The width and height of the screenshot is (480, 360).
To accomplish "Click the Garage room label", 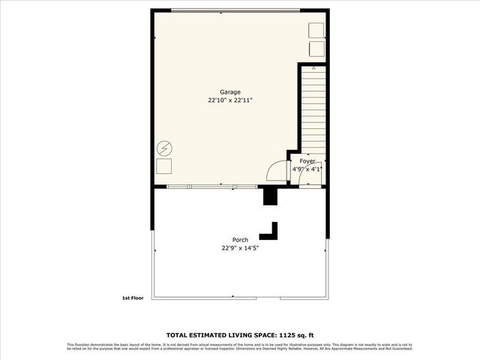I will coord(230,91).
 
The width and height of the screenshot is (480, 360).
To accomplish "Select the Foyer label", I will coord(307,161).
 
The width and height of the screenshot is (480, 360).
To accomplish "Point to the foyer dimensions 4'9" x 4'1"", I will coord(307,169).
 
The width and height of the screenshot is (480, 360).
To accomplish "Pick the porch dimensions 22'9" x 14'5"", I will coord(240,248).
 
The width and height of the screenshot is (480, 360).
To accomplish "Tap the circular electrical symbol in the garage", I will coord(163,148).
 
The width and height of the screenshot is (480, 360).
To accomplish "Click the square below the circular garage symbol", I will coord(163,166).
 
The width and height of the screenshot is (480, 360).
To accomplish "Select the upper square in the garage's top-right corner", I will coord(316,30).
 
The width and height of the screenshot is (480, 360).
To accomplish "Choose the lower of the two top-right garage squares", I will coord(316,48).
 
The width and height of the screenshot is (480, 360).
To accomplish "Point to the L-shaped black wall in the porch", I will coord(272,231).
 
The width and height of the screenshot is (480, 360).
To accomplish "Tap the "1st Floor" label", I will coord(132,298).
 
